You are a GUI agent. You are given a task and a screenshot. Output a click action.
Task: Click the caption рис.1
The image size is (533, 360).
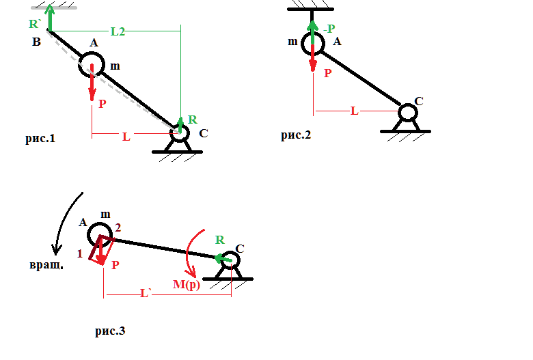[x=40, y=139]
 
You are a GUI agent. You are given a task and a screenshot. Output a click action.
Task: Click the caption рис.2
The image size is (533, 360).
[x=296, y=135]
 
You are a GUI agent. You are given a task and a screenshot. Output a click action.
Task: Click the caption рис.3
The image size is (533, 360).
[x=110, y=331]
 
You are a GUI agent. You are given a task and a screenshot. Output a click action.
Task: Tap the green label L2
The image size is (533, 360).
[x=118, y=31]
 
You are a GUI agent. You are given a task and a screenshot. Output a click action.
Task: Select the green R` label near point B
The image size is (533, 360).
[x=35, y=24]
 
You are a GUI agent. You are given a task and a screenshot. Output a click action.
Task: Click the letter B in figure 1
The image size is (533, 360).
[x=36, y=42]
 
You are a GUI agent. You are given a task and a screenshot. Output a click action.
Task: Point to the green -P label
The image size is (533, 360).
[x=329, y=29]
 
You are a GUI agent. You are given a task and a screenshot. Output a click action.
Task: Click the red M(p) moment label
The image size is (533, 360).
[x=187, y=284]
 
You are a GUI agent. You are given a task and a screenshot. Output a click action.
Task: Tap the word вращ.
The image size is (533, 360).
[x=46, y=265]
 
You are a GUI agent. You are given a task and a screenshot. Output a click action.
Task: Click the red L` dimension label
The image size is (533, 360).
[x=145, y=293]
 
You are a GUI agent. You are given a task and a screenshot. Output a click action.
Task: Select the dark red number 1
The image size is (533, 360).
[x=80, y=253]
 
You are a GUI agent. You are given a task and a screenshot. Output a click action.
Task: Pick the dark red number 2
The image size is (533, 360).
[x=118, y=227]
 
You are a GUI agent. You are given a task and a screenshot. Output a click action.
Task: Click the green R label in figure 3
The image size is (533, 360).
[x=220, y=240]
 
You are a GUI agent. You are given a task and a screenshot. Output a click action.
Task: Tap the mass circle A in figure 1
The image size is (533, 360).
[x=92, y=53]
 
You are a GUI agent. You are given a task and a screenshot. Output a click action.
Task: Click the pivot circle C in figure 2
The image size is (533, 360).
[x=407, y=104]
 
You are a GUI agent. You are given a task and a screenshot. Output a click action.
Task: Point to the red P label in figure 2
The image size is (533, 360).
[x=328, y=73]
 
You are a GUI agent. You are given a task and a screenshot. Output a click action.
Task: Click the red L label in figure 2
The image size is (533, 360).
[x=354, y=111]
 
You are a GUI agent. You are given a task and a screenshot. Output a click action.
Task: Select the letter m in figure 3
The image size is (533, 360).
[x=105, y=215]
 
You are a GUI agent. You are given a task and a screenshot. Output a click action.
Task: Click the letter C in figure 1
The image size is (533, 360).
[x=204, y=133]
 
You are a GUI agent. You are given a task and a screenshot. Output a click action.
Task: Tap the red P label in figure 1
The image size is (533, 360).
[x=102, y=104]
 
